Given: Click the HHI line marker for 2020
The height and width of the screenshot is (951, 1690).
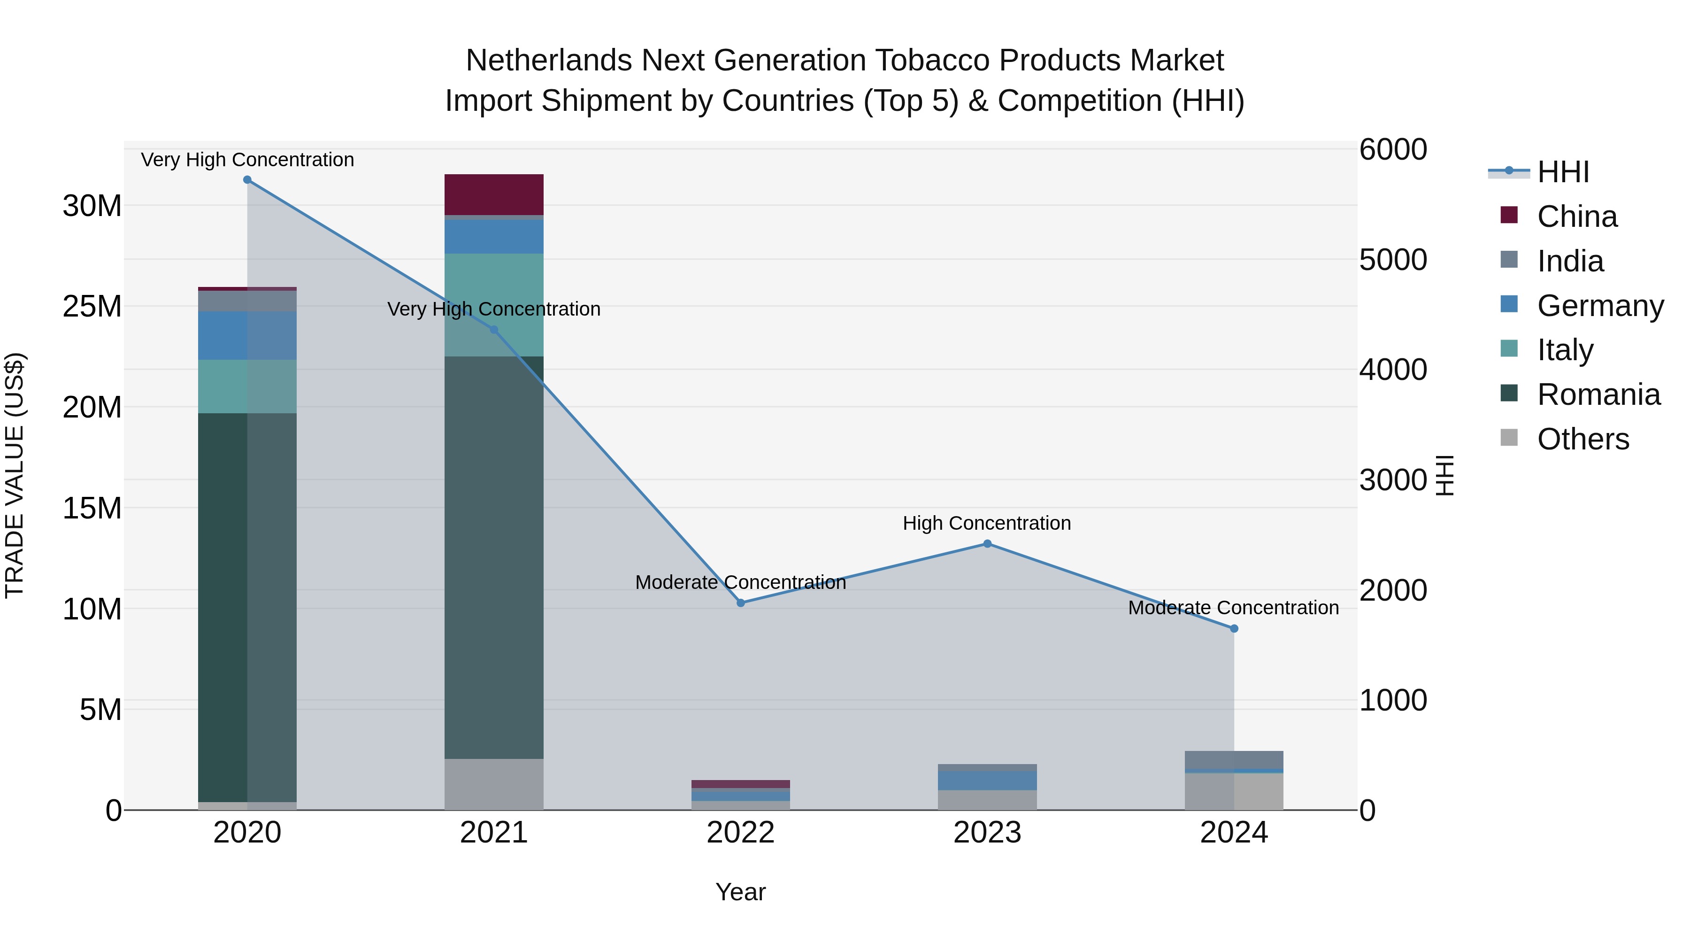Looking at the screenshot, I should (247, 180).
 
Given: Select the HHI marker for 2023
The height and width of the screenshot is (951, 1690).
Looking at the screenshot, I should (987, 543).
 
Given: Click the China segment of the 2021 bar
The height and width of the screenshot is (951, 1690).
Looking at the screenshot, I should (493, 194).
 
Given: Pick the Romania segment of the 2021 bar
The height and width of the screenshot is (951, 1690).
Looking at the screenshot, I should (493, 558).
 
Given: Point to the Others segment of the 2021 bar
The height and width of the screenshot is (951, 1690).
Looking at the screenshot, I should (493, 784).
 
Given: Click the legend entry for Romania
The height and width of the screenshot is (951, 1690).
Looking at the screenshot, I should (1598, 394).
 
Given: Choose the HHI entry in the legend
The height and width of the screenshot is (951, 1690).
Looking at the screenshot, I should (1563, 172).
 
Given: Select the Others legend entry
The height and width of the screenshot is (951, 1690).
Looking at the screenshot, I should (1582, 439).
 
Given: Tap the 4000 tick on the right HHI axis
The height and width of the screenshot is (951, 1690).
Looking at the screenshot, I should (1392, 370).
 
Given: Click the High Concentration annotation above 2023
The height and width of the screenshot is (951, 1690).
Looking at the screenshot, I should (987, 523).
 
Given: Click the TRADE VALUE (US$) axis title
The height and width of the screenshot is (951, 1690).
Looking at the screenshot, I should (15, 475).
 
